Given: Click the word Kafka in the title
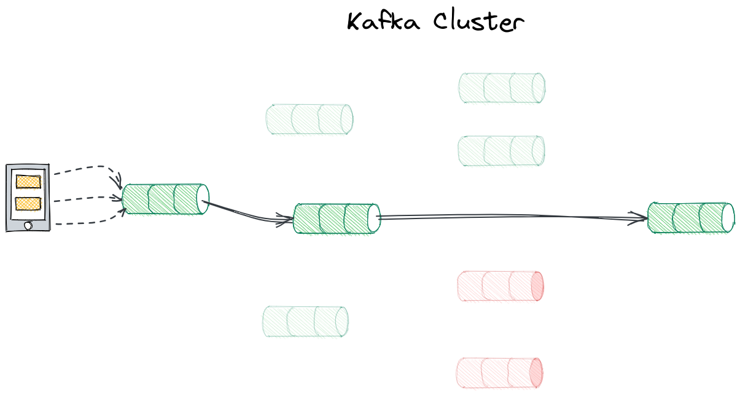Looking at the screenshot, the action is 383,22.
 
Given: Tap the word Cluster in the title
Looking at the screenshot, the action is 478,22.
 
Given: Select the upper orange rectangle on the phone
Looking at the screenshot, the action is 28,182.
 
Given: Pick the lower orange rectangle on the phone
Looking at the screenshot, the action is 28,203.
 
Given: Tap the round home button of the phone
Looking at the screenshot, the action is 28,226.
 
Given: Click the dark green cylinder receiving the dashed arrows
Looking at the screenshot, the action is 165,199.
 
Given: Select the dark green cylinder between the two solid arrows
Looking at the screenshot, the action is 337,218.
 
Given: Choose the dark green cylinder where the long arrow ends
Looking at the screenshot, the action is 691,218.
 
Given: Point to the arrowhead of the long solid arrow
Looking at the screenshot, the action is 638,218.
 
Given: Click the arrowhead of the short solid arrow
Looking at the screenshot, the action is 285,220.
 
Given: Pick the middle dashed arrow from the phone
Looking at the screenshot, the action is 88,199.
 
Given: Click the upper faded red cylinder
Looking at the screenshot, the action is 500,286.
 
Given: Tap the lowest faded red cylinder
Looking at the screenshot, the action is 499,373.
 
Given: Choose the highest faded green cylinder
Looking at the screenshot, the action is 502,88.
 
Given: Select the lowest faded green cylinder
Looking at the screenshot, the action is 305,322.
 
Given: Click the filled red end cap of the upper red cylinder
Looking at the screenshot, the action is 537,286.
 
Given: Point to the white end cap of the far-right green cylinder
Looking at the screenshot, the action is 728,218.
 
